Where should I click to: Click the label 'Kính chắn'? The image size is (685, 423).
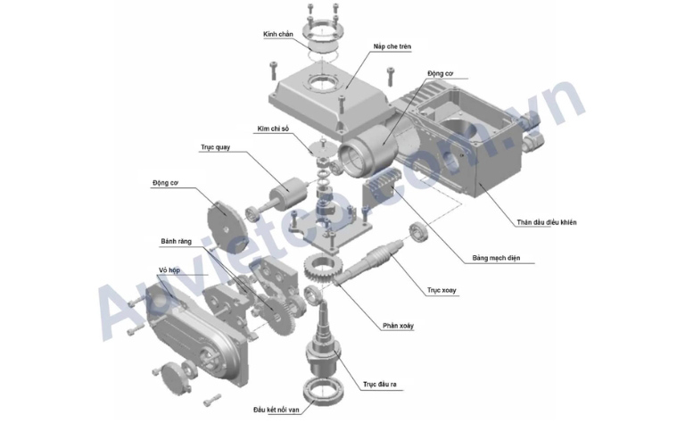tap(278, 35)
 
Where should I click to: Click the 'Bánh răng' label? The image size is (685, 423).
tap(176, 241)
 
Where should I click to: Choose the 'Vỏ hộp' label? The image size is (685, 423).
tap(169, 270)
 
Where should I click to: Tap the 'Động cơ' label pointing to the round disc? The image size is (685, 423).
tap(166, 183)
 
